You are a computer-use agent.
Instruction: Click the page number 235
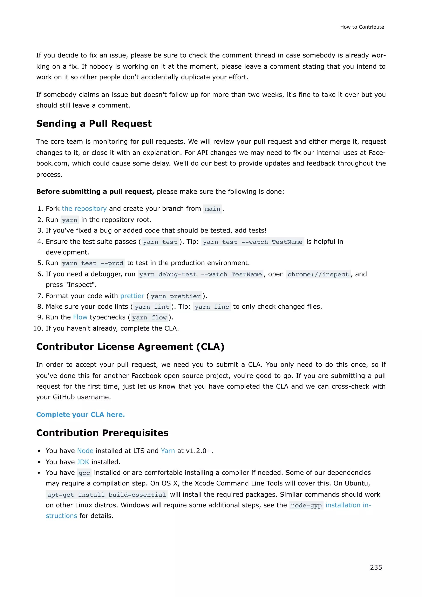pyautogui.click(x=376, y=567)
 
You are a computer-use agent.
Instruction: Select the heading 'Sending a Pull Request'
pyautogui.click(x=94, y=123)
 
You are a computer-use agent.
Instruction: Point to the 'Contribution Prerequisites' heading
pyautogui.click(x=102, y=433)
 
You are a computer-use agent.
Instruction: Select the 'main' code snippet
pyautogui.click(x=212, y=209)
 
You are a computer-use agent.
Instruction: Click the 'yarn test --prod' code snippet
pyautogui.click(x=93, y=263)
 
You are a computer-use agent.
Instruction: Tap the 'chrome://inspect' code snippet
pyautogui.click(x=318, y=274)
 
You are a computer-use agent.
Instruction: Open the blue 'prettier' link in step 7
pyautogui.click(x=132, y=296)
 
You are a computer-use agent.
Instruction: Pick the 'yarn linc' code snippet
pyautogui.click(x=212, y=307)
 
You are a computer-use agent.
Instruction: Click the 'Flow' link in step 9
pyautogui.click(x=80, y=317)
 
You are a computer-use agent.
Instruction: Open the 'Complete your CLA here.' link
pyautogui.click(x=81, y=415)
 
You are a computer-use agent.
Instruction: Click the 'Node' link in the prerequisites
pyautogui.click(x=85, y=451)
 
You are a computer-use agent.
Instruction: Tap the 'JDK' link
pyautogui.click(x=83, y=462)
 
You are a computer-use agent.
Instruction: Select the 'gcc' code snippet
pyautogui.click(x=84, y=473)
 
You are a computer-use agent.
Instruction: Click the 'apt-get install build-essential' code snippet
pyautogui.click(x=107, y=495)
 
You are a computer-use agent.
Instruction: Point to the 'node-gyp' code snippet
pyautogui.click(x=306, y=505)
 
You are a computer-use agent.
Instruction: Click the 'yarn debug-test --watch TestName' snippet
pyautogui.click(x=200, y=274)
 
